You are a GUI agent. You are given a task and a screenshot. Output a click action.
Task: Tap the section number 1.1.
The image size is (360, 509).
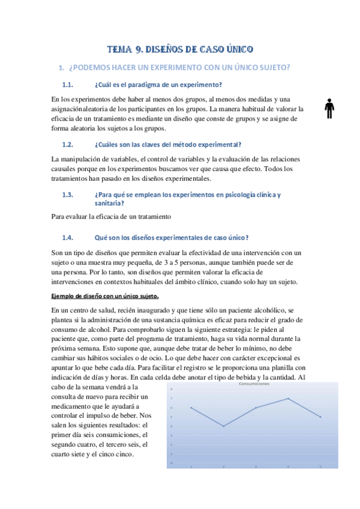[x=68, y=83]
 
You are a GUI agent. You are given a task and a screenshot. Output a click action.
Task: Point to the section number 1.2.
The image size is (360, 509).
[x=68, y=145]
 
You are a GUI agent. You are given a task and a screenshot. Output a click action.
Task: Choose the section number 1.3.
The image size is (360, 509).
[x=68, y=194]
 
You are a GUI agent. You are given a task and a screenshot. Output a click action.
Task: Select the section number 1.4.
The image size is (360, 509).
[x=68, y=237]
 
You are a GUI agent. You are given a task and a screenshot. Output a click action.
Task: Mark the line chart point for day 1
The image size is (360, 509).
[x=191, y=408]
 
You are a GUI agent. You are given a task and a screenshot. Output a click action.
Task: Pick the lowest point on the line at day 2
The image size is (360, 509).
[x=223, y=426]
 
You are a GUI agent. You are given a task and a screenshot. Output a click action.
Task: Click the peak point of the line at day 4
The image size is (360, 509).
[x=289, y=398]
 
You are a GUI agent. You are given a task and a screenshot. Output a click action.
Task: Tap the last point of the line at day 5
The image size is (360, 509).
[x=321, y=417]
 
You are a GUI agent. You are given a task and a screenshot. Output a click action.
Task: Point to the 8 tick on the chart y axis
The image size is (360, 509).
[x=172, y=389]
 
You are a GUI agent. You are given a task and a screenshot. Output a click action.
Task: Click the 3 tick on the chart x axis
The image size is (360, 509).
[x=256, y=466]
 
